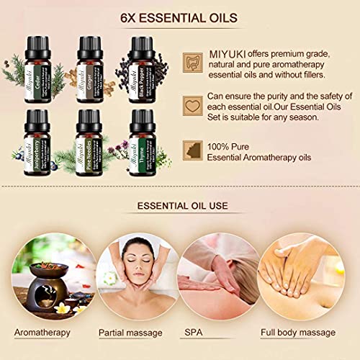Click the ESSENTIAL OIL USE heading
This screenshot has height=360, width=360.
point(182,206)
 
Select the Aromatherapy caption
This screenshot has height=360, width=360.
point(45,333)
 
